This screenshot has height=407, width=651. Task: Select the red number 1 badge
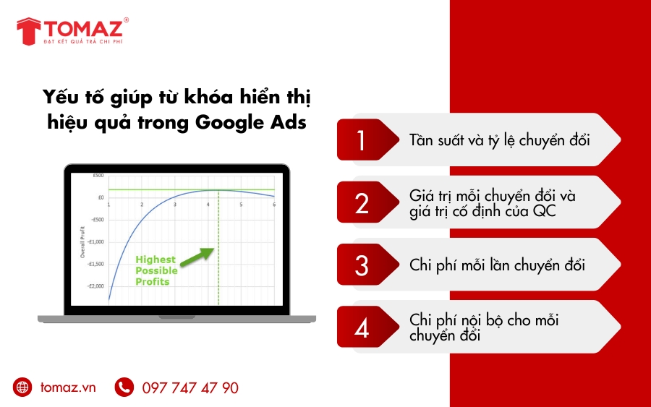coord(362,140)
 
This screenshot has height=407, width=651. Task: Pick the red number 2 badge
coord(362,203)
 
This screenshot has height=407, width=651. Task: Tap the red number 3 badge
coord(362,265)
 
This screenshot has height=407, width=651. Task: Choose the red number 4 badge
coord(362,327)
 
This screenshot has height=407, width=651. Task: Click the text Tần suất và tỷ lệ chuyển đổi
coord(499,140)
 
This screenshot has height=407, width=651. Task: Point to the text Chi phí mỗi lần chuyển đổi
coord(497,265)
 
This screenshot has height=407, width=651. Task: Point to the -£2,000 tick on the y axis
coord(95,286)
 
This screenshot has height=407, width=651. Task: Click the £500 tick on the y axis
coord(98,176)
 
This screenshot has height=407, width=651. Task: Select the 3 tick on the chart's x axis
coord(174,205)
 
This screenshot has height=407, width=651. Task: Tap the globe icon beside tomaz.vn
coord(23,387)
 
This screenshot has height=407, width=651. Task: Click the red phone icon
coord(124,387)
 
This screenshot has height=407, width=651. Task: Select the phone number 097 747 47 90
coord(190,388)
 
